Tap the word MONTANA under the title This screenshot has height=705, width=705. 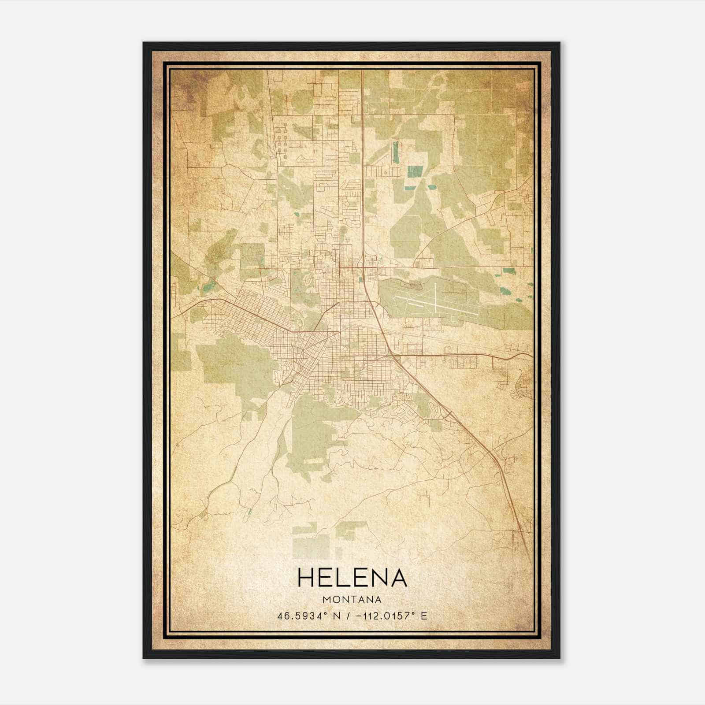tap(352, 599)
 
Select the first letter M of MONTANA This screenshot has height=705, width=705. tap(326, 599)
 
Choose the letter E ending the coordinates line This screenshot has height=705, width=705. tap(424, 616)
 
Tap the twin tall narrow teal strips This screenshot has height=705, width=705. tap(395, 152)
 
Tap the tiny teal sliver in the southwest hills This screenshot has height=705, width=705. tap(249, 512)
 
